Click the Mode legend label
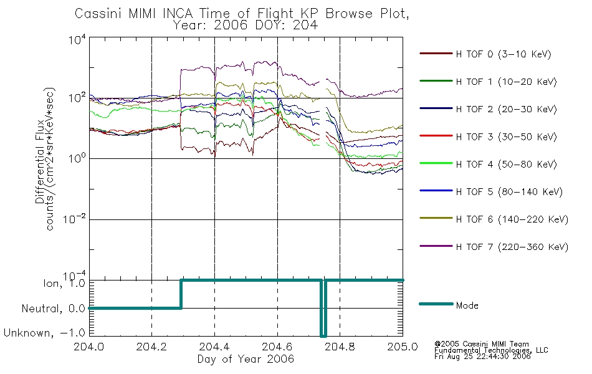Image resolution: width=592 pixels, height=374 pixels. click(467, 305)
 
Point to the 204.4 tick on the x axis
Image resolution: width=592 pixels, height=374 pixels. click(215, 347)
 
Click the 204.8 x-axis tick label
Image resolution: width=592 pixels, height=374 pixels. click(340, 347)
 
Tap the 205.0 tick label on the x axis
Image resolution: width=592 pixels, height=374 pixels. click(403, 347)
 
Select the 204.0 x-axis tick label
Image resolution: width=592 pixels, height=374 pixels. click(89, 347)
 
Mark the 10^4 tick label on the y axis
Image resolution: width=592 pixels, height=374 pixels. click(77, 39)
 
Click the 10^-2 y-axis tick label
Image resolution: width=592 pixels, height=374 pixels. click(75, 219)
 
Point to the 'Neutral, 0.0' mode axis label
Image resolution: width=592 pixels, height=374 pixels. click(53, 309)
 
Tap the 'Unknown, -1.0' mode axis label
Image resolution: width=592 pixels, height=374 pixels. click(44, 333)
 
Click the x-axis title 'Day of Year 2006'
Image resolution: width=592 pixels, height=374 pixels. click(246, 359)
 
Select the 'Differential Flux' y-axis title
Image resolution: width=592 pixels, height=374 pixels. click(40, 161)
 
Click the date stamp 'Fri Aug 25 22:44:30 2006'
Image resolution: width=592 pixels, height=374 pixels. click(482, 357)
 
